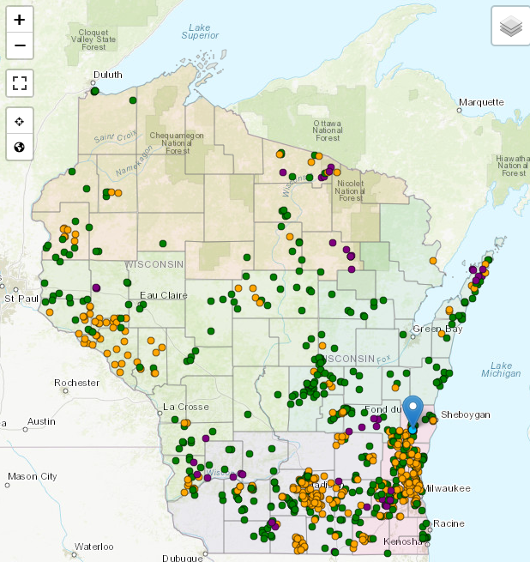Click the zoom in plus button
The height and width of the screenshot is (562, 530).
click(20, 19)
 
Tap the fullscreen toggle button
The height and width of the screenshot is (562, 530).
click(20, 83)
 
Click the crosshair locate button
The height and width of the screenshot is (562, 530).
click(20, 121)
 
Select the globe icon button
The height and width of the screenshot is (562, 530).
click(20, 147)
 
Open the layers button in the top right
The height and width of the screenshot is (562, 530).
click(510, 26)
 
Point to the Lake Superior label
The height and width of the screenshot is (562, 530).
click(201, 31)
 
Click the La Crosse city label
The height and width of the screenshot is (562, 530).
click(181, 405)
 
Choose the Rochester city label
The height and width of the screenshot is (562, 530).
click(76, 383)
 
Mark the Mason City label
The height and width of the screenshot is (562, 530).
click(32, 476)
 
